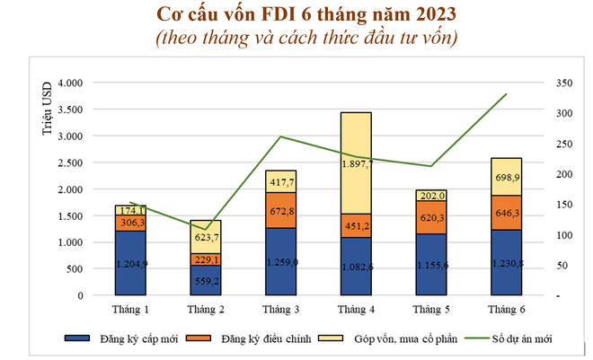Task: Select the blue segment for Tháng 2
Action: pyautogui.click(x=206, y=280)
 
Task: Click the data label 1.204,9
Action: pyautogui.click(x=131, y=264)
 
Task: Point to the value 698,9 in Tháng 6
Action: pyautogui.click(x=507, y=178)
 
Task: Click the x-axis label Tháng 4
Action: pyautogui.click(x=357, y=310)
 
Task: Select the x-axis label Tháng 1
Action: pyautogui.click(x=131, y=310)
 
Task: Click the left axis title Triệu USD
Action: pyautogui.click(x=47, y=107)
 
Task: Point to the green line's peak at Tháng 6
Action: pyautogui.click(x=507, y=93)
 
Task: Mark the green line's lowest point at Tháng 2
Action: pyautogui.click(x=206, y=229)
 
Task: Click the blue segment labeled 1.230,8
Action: pyautogui.click(x=507, y=264)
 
